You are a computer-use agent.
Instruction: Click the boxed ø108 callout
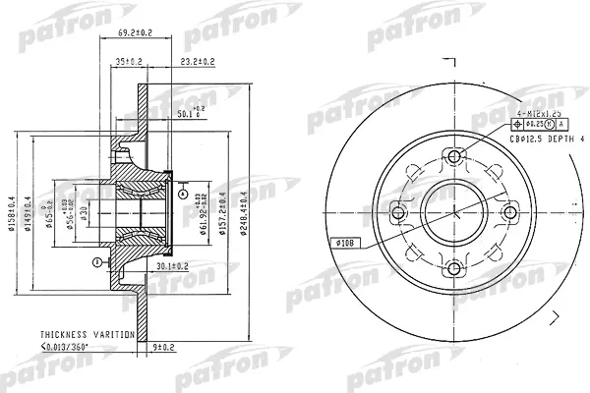coord(349,243)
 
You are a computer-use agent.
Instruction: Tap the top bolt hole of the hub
coord(453,155)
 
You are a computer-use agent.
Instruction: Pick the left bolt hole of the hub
coord(397,211)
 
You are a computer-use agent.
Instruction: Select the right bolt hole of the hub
coord(509,211)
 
